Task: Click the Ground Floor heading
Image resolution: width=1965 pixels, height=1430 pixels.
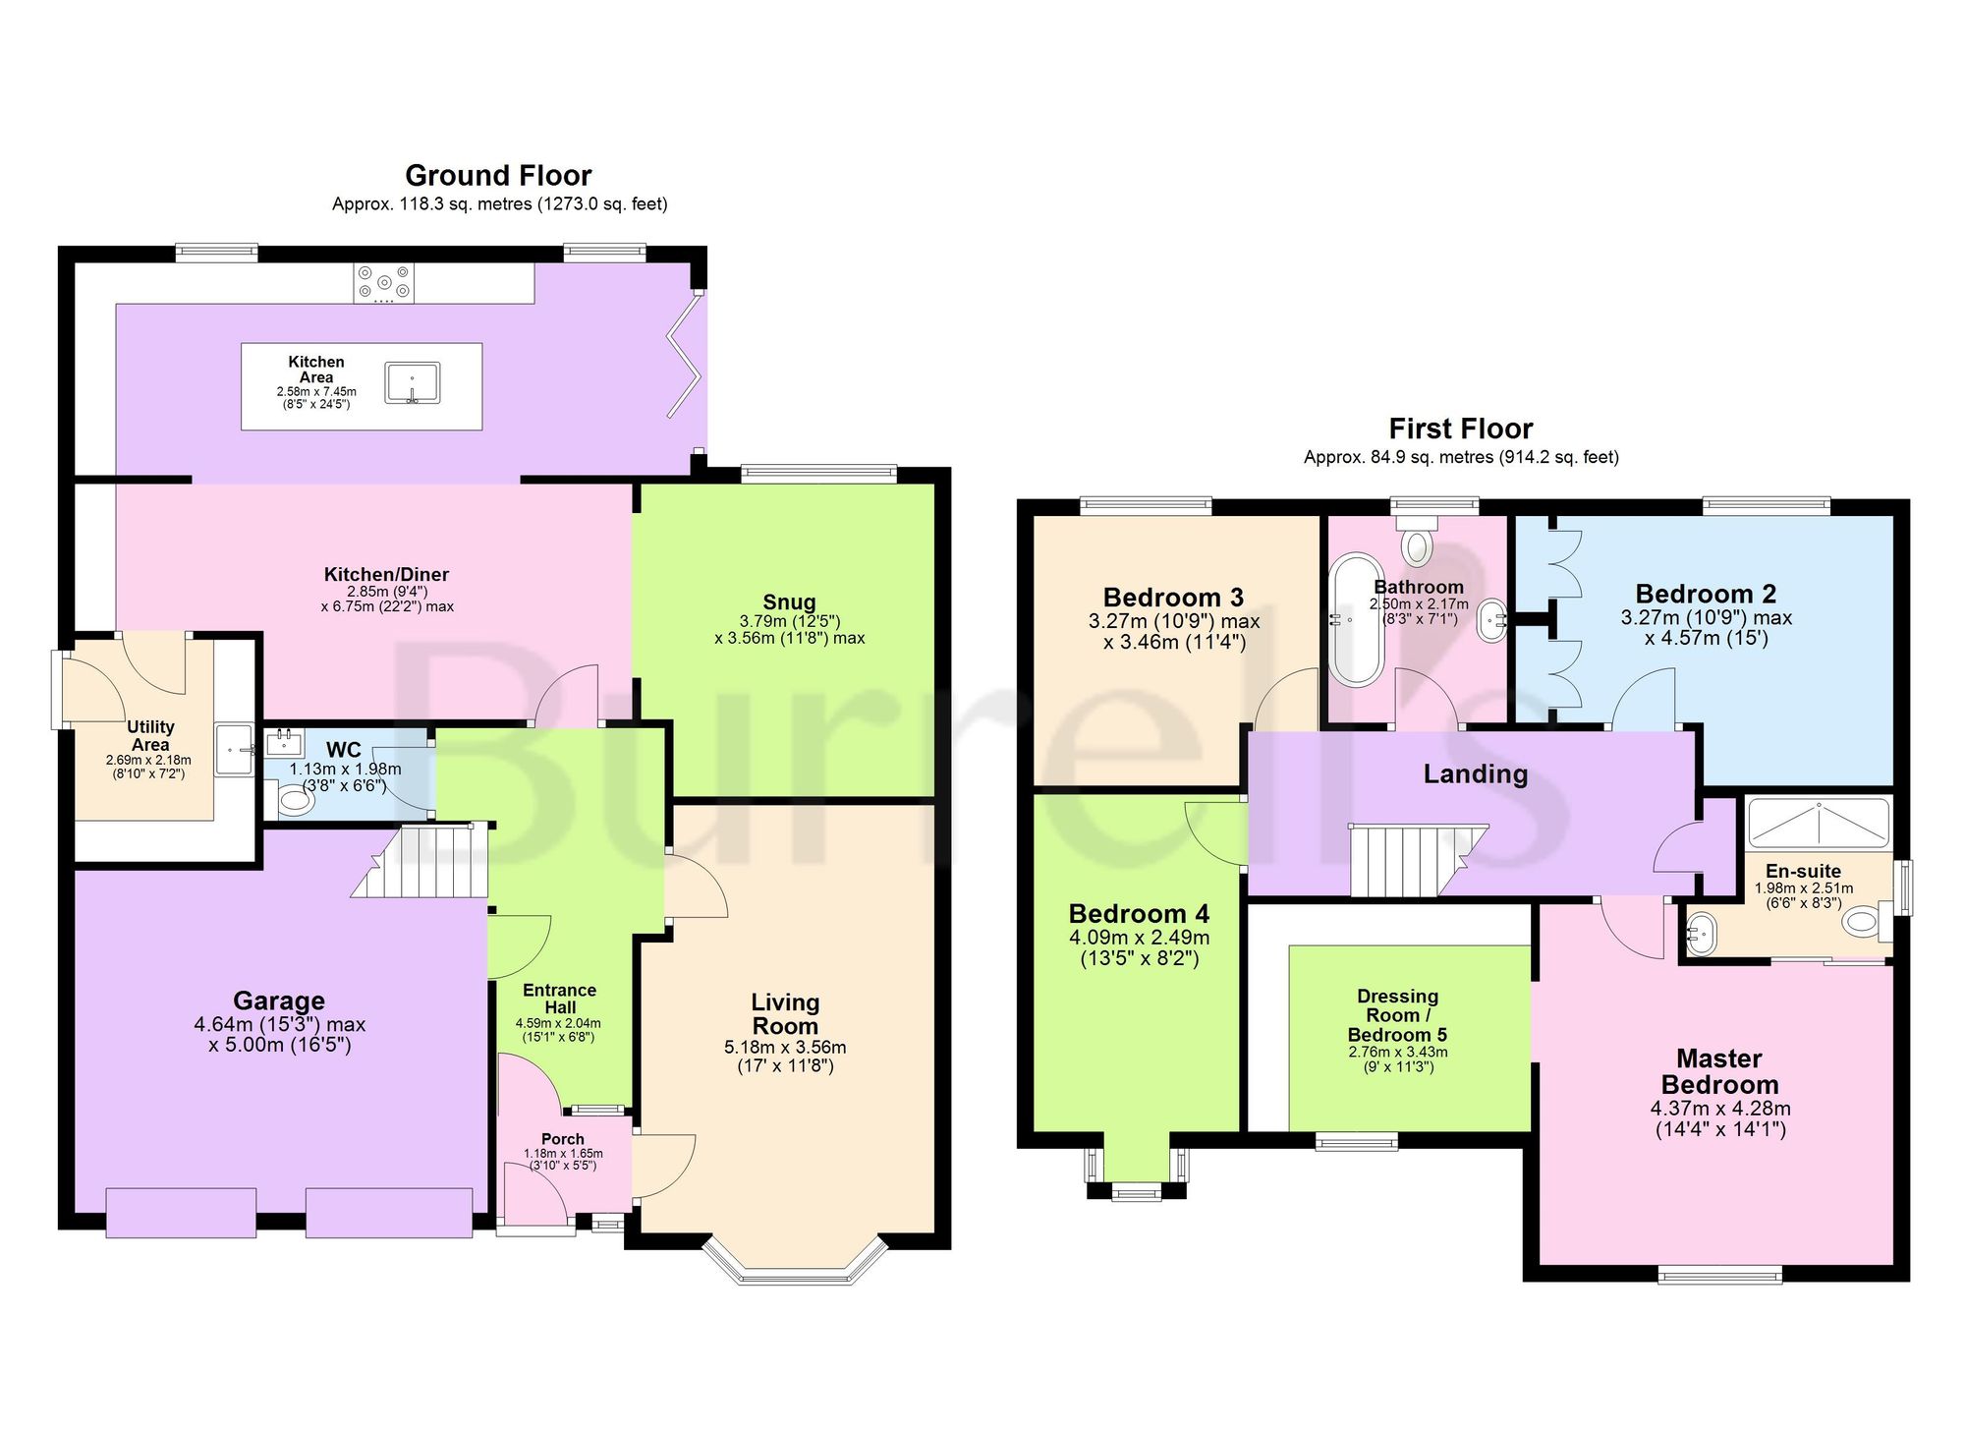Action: pos(498,176)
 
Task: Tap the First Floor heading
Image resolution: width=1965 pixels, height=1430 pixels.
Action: pos(1461,429)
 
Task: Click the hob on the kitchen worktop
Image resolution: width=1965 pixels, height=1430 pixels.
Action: pos(384,284)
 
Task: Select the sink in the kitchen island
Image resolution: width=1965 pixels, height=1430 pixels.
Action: pos(413,382)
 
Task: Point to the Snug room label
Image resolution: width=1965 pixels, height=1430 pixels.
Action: pos(789,602)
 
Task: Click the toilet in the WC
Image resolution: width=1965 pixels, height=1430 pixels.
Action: pos(293,800)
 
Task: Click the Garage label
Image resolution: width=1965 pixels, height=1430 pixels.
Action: pos(279,1001)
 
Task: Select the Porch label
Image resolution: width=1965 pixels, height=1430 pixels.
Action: pos(563,1139)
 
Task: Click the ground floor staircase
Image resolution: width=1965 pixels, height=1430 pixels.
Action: pos(421,861)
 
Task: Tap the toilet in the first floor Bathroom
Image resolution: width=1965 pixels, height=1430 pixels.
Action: pos(1416,542)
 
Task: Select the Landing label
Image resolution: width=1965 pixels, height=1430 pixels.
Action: pos(1476,774)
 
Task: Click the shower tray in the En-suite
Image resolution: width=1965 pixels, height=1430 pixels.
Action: pos(1819,823)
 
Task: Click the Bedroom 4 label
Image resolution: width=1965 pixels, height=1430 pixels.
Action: pos(1139,914)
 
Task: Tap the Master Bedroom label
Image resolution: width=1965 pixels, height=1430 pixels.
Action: pos(1719,1071)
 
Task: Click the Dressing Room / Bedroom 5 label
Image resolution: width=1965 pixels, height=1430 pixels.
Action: pos(1397,1015)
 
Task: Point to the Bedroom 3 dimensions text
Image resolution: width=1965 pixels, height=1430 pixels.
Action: pos(1174,632)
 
